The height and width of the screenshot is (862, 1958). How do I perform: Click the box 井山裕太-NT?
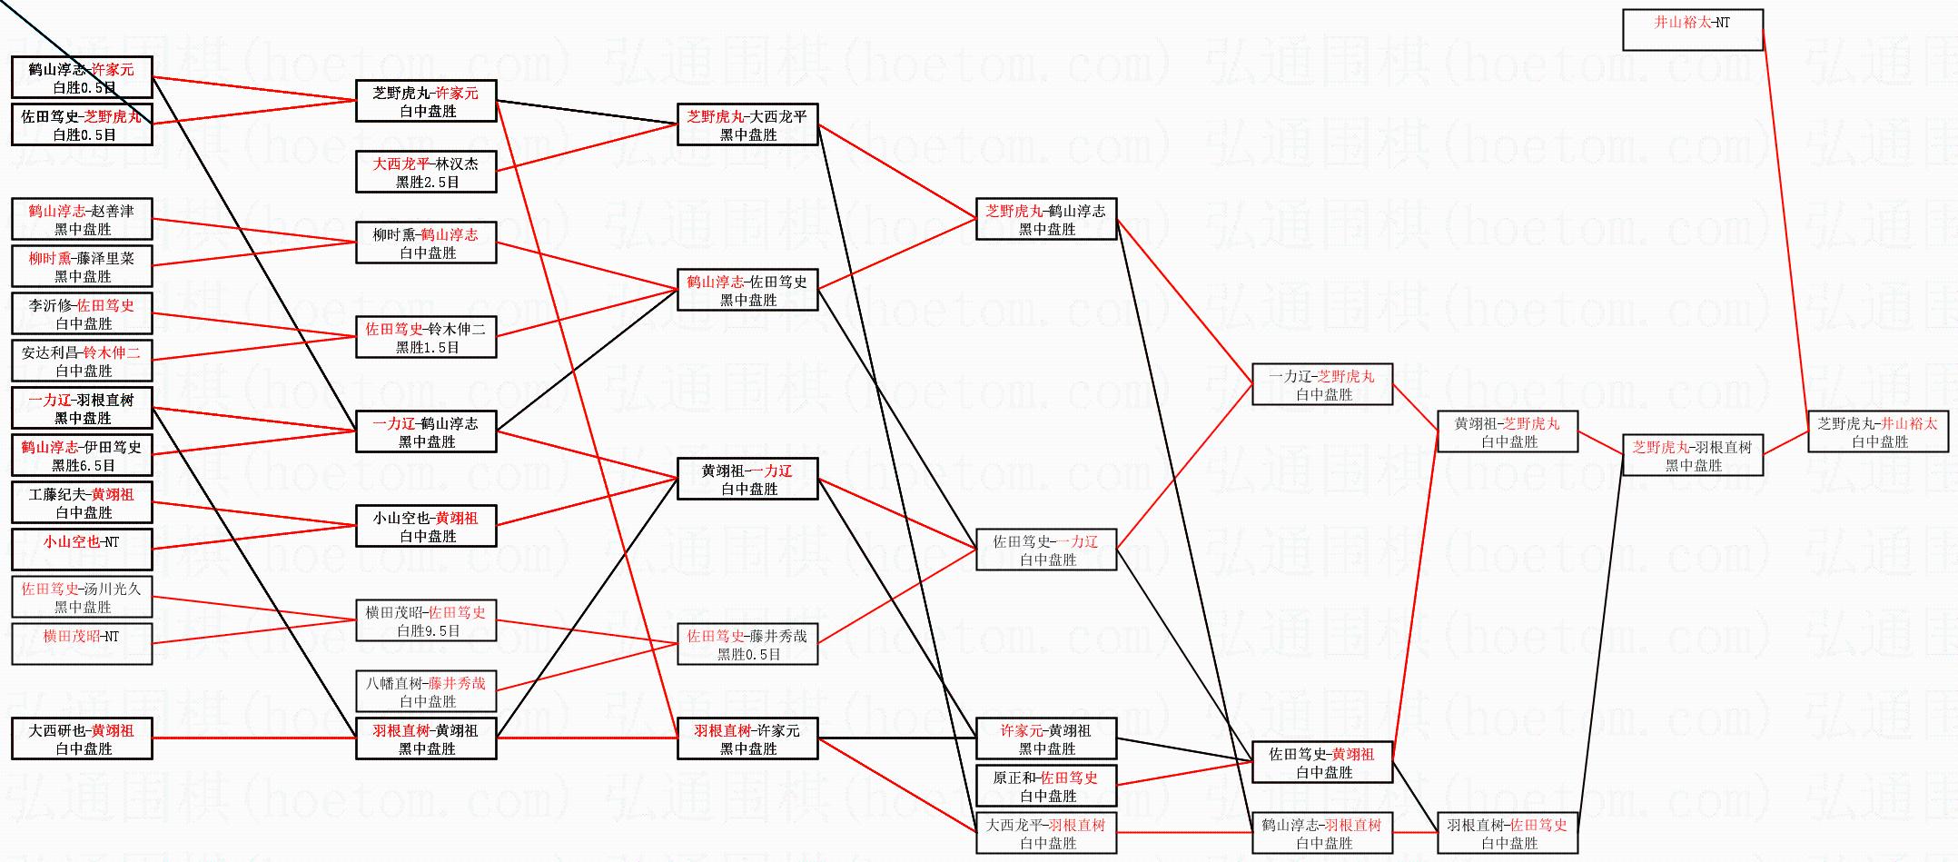point(1692,30)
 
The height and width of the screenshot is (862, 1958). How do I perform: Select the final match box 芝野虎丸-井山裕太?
point(1877,431)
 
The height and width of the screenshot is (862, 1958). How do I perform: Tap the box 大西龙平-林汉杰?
point(426,172)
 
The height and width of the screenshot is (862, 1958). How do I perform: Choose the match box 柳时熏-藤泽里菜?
point(82,266)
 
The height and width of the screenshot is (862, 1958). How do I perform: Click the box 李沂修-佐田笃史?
point(82,313)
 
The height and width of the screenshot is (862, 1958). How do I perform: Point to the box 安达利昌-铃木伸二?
point(82,361)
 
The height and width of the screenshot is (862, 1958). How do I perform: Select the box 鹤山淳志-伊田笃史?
point(82,455)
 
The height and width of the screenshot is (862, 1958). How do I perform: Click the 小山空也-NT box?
point(82,550)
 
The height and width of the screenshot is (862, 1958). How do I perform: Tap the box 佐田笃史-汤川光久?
point(82,597)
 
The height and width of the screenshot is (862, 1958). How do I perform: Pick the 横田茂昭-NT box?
point(82,644)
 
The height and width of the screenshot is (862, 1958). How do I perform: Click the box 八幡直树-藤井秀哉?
point(426,691)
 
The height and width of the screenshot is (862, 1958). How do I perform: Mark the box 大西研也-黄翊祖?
point(82,738)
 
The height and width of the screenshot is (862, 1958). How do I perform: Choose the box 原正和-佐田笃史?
point(1045,786)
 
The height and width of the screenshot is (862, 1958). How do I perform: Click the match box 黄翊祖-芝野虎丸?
point(1507,431)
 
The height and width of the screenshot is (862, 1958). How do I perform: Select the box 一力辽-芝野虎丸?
point(1321,384)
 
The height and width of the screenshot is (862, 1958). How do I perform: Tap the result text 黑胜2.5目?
point(427,182)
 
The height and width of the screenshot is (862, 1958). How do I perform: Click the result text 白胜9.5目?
point(427,630)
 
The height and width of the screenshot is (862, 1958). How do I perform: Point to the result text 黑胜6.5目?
point(83,465)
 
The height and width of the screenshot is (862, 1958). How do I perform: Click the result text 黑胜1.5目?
point(427,347)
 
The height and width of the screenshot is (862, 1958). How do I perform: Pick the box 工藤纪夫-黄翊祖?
point(82,502)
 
